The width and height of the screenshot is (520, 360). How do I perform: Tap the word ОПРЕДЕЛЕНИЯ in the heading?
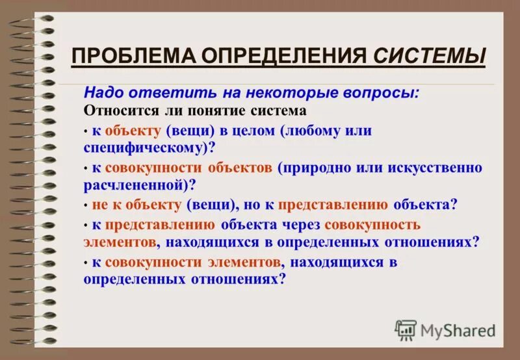coord(284,56)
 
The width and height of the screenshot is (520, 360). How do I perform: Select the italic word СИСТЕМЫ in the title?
coord(430,56)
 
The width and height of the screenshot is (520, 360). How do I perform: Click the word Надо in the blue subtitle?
coord(104,93)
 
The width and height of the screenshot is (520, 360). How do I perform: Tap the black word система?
coord(279,111)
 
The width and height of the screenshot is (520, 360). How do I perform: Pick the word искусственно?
coord(435,168)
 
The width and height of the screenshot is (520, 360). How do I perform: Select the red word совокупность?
coord(372,225)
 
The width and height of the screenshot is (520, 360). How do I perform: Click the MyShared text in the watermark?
coord(458,331)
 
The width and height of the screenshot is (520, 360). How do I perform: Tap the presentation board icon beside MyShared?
coord(405,330)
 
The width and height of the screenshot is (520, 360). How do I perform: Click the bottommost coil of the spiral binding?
coord(33,341)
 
